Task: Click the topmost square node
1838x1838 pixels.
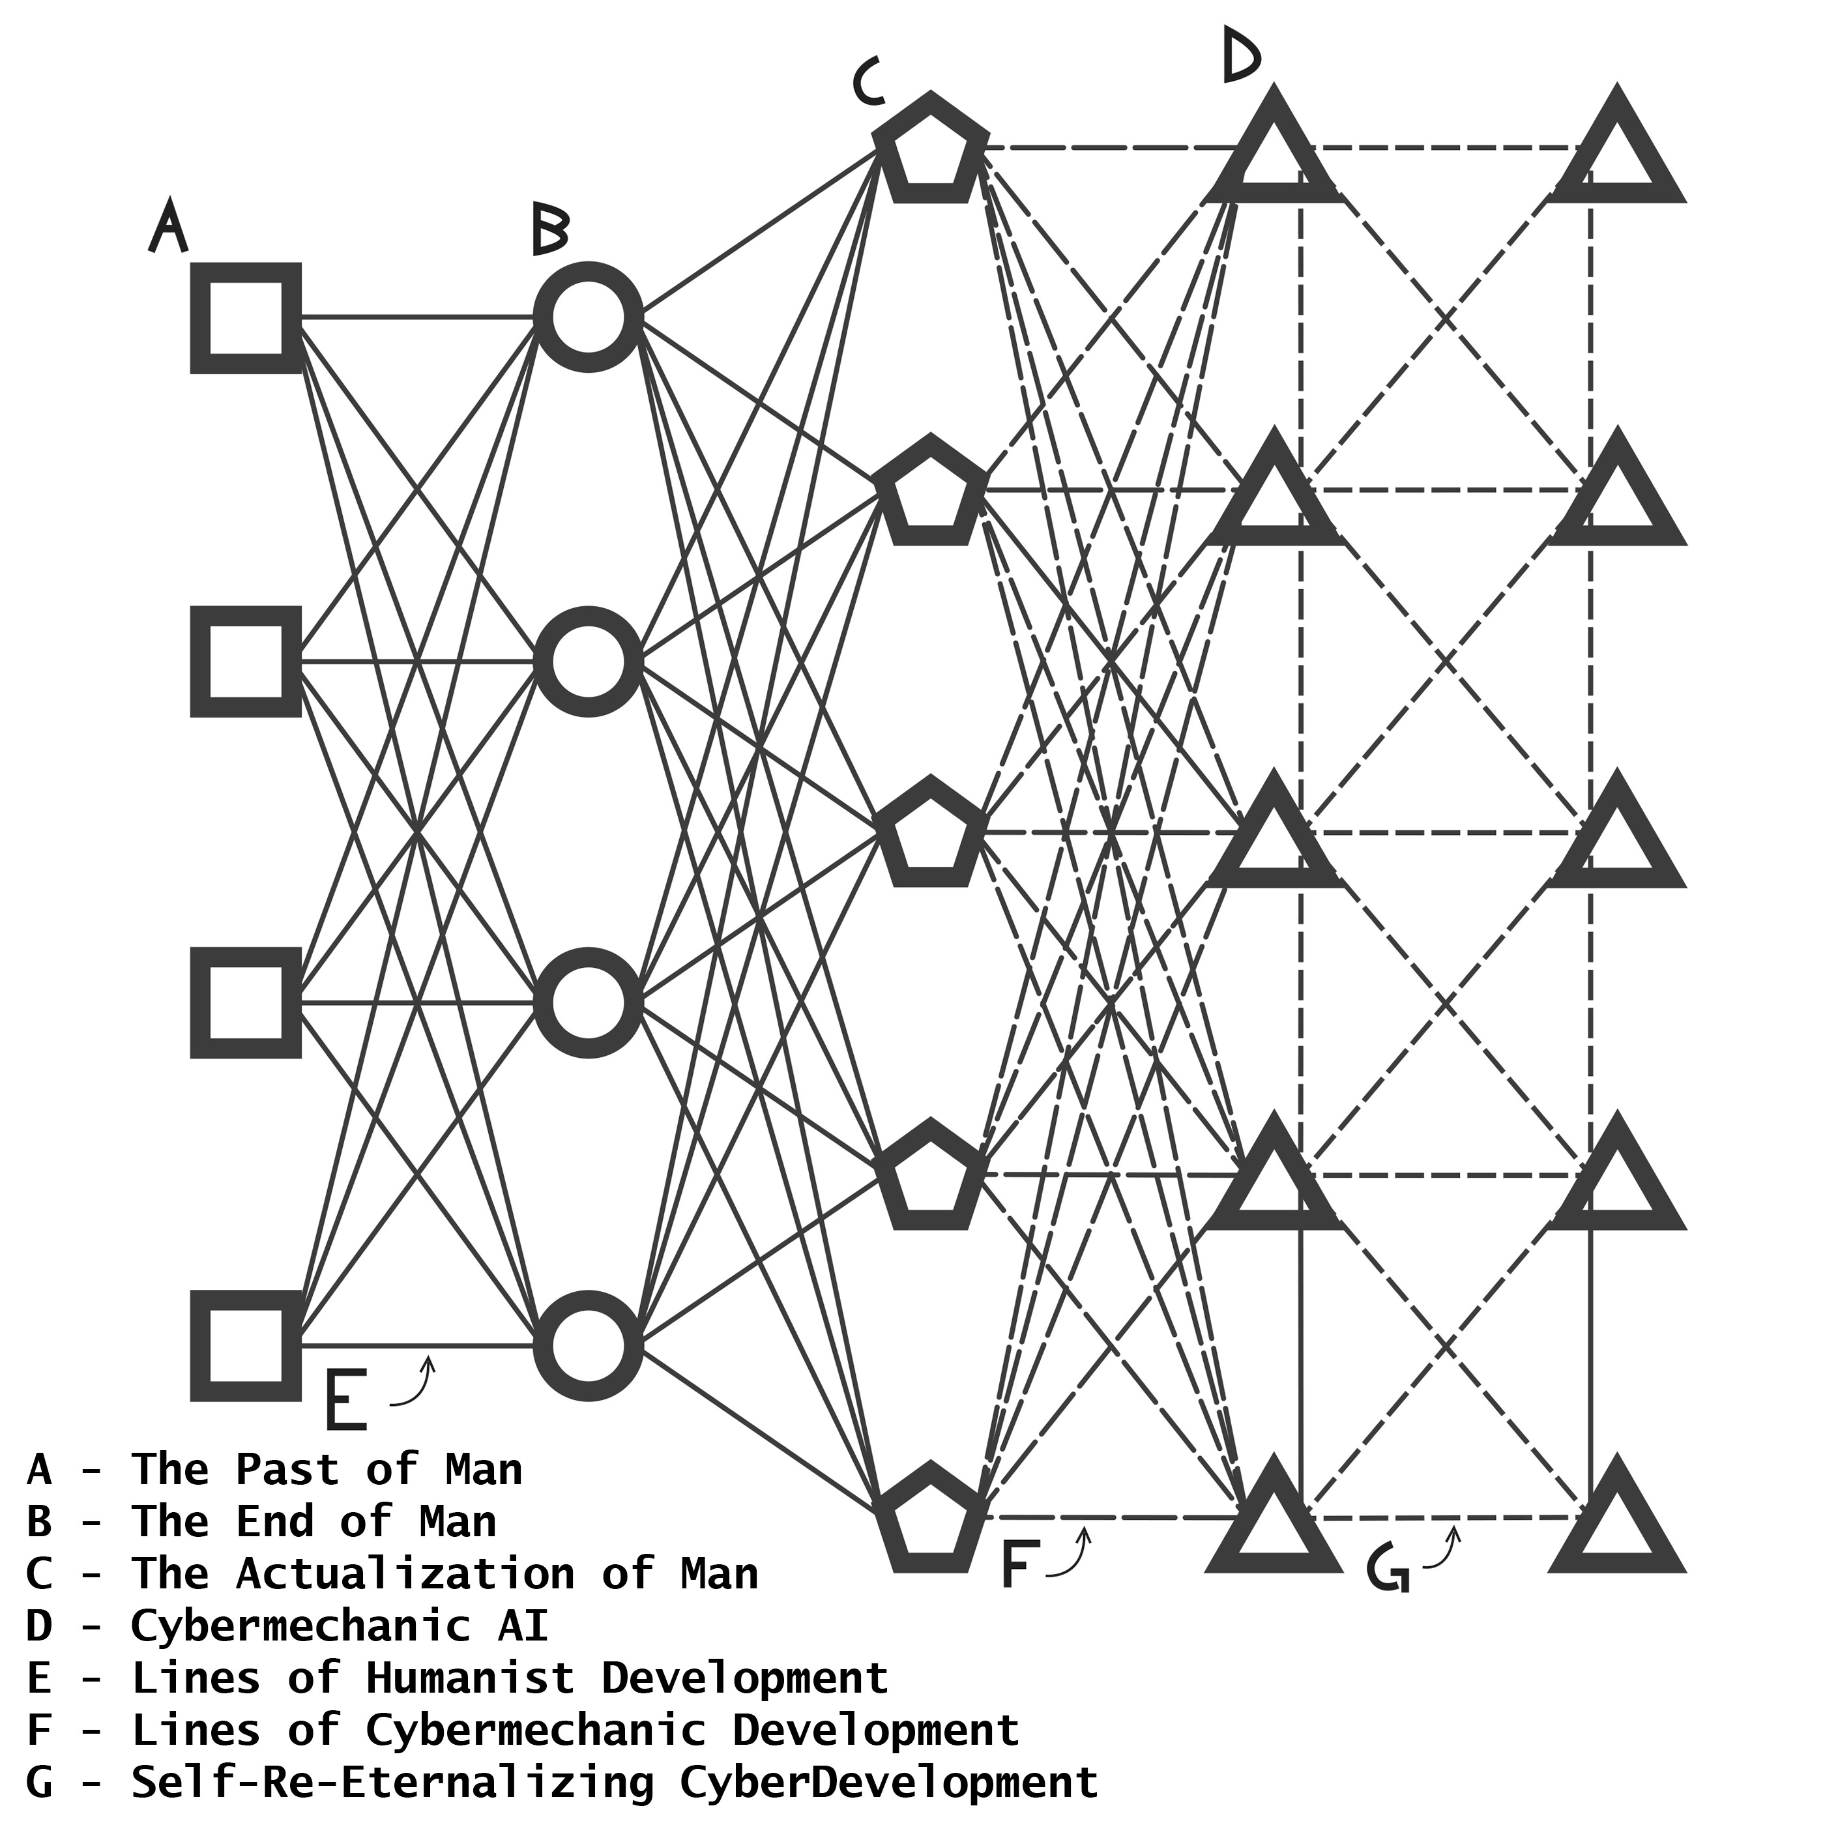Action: (246, 318)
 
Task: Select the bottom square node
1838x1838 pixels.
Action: (246, 1345)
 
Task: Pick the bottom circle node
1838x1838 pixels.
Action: (588, 1345)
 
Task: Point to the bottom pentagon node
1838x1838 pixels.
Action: (929, 1519)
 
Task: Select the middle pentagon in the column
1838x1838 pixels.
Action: (929, 834)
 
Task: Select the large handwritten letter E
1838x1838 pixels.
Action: (345, 1401)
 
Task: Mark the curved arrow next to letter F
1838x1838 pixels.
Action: (1072, 1554)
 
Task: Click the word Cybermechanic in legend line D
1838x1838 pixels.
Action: (300, 1626)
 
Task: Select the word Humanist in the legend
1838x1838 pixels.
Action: (470, 1678)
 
